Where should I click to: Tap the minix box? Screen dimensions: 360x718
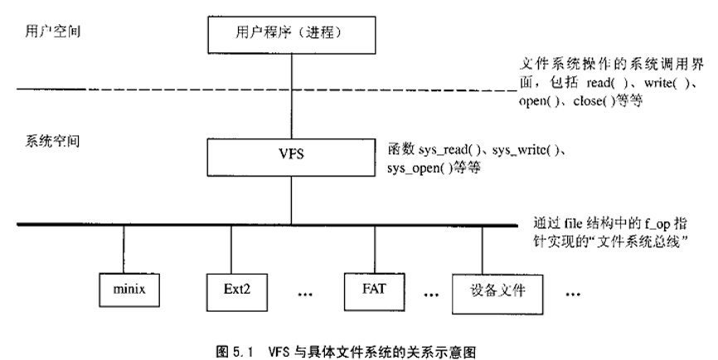pos(124,290)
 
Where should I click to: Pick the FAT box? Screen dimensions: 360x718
pos(371,289)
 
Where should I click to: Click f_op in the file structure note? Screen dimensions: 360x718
pos(643,224)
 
